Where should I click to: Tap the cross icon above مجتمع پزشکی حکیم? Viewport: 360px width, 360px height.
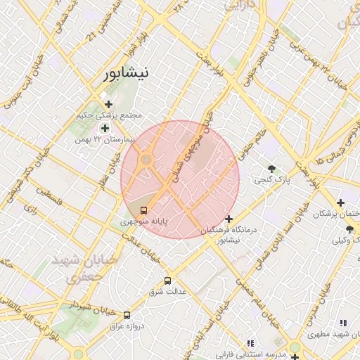(108, 105)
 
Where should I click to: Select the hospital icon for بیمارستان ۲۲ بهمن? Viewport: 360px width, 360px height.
(105, 129)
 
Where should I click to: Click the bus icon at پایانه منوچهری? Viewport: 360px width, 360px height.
(144, 210)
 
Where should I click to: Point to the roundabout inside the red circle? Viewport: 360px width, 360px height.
(146, 161)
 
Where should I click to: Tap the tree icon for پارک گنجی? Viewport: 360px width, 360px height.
(272, 168)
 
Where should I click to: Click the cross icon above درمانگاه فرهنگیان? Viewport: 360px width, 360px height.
(229, 219)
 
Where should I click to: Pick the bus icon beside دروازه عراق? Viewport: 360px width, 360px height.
(127, 316)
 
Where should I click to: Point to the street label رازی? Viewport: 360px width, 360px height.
(30, 208)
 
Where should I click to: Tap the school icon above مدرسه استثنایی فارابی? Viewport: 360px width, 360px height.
(250, 342)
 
